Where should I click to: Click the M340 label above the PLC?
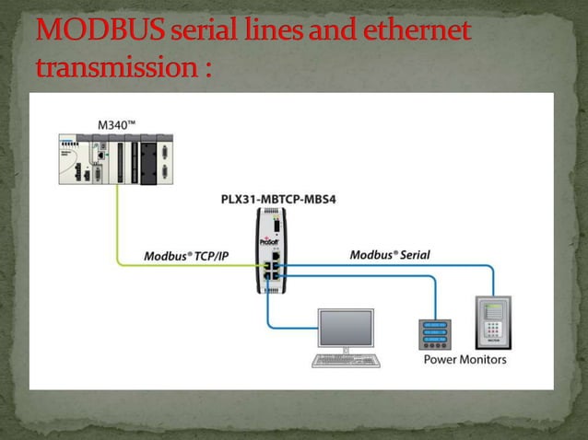coord(120,122)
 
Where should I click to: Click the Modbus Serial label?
coord(390,254)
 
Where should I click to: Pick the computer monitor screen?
coord(346,329)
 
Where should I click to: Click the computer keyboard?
coord(346,361)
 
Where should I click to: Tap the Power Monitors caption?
coord(465,359)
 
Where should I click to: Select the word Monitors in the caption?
coord(483,359)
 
